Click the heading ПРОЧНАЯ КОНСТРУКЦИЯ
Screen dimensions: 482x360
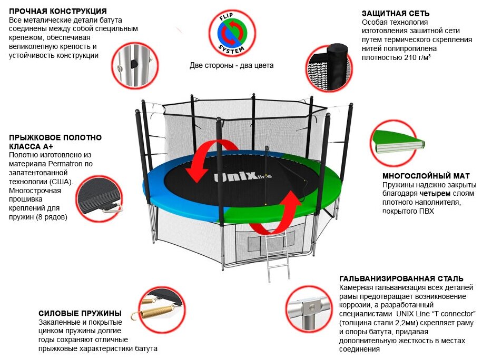[x=58, y=11]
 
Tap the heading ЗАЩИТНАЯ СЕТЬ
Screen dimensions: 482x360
[x=396, y=13]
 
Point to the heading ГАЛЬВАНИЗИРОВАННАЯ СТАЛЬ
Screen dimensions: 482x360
[x=401, y=278]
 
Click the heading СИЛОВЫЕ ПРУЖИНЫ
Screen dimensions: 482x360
[x=80, y=313]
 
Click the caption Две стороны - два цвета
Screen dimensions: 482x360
[x=232, y=66]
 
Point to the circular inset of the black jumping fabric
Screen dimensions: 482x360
[x=101, y=201]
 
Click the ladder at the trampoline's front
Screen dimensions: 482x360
[x=277, y=257]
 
